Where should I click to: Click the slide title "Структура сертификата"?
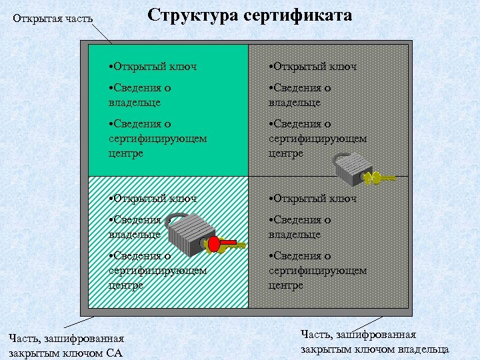(x=250, y=16)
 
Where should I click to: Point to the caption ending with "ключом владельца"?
(x=375, y=342)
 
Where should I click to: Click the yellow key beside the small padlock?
(x=379, y=178)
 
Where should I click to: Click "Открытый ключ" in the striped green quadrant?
(x=153, y=198)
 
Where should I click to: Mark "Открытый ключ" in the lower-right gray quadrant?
(x=313, y=198)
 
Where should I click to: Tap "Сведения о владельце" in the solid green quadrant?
(x=140, y=95)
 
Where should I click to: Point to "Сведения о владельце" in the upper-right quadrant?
(x=300, y=95)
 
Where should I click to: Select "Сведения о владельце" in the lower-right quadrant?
(x=300, y=227)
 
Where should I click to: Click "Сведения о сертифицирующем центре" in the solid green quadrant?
(x=157, y=138)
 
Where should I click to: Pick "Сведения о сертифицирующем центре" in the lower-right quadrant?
(x=317, y=270)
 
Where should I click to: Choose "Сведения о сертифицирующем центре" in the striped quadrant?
(x=157, y=270)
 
